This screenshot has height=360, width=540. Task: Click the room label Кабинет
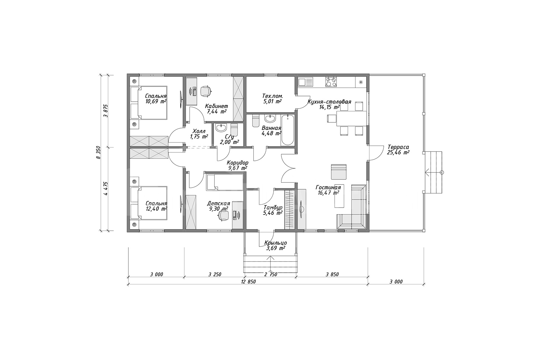click(x=216, y=106)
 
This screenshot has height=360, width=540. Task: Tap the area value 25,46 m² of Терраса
click(x=398, y=153)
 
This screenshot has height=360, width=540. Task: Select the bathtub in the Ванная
click(x=287, y=130)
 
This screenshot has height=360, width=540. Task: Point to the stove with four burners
click(x=331, y=82)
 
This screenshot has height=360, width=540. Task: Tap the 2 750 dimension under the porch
click(x=271, y=274)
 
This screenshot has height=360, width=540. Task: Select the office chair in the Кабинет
click(x=205, y=91)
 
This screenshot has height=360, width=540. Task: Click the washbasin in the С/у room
click(x=221, y=128)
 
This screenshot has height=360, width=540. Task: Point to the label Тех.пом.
click(x=272, y=96)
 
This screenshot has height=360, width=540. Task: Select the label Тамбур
click(x=273, y=207)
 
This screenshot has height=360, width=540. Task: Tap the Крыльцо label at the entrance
click(x=275, y=243)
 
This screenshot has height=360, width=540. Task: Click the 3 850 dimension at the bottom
click(x=332, y=274)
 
